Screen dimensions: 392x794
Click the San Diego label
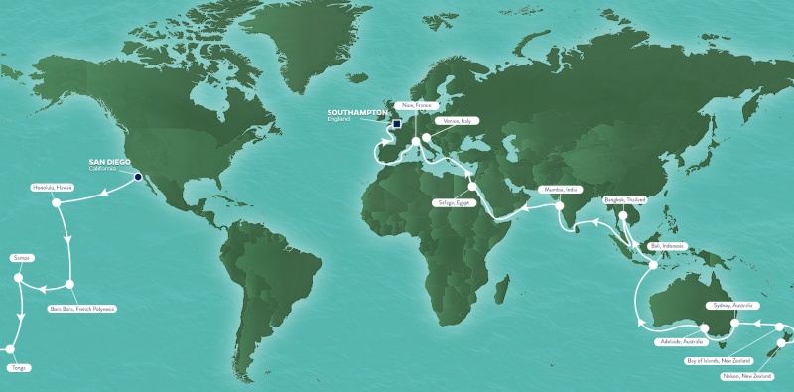(108, 162)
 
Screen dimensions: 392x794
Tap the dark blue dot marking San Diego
(138, 178)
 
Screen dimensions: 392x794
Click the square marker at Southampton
(395, 124)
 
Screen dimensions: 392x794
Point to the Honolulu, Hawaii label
(53, 188)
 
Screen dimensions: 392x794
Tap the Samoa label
(22, 258)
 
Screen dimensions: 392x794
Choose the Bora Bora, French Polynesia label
(82, 309)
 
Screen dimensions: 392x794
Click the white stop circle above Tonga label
(9, 349)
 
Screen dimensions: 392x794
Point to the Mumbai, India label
(557, 188)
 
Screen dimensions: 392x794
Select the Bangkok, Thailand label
(623, 199)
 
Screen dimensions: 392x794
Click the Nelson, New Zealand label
(747, 377)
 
